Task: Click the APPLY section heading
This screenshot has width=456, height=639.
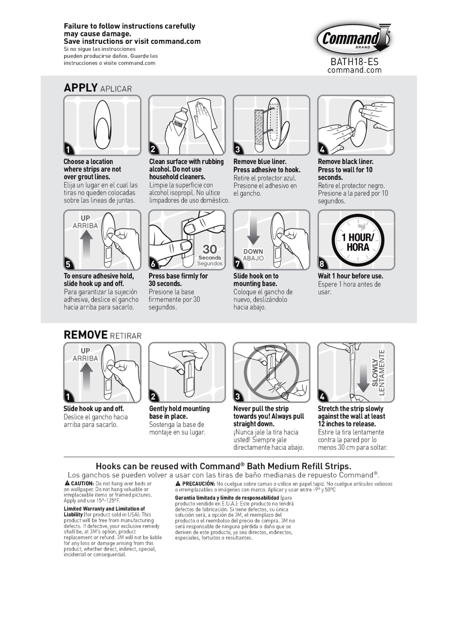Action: (81, 88)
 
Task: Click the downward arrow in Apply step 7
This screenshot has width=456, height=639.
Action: (253, 230)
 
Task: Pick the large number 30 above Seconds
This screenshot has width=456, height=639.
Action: (210, 249)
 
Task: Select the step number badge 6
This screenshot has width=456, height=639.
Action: (153, 263)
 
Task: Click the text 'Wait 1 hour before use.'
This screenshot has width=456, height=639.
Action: (350, 276)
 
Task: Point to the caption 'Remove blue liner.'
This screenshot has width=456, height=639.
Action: (260, 162)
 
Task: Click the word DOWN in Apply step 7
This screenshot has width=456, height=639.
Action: (253, 252)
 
